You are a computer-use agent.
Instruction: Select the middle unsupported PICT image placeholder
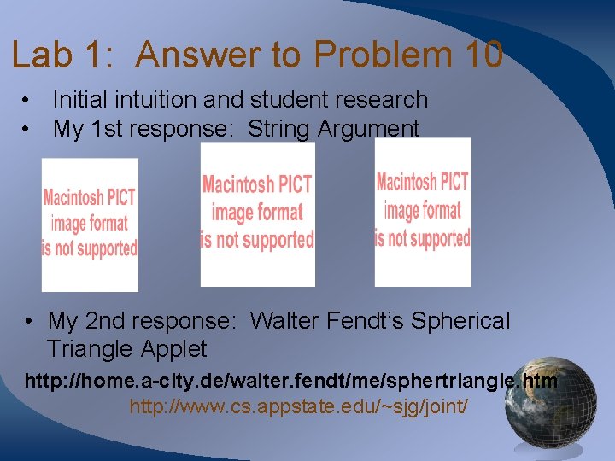point(257,213)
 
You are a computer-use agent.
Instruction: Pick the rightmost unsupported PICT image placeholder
point(423,212)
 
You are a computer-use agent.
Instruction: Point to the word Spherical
point(460,322)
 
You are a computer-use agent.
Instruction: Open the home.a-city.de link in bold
point(290,381)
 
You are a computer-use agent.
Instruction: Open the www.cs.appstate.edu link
point(298,406)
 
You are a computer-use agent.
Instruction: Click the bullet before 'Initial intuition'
point(29,100)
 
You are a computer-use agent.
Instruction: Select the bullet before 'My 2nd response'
point(29,322)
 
